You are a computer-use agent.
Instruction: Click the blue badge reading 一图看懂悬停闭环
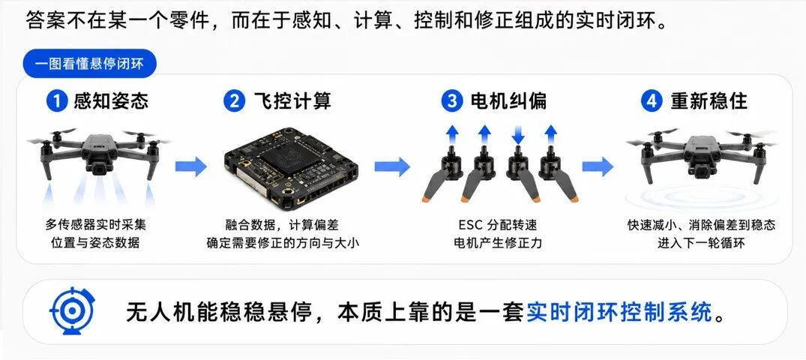pyautogui.click(x=89, y=64)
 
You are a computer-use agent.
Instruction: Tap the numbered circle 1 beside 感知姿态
pyautogui.click(x=56, y=101)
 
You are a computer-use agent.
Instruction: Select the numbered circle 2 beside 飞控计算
pyautogui.click(x=234, y=101)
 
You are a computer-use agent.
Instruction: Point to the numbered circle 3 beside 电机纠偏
pyautogui.click(x=452, y=101)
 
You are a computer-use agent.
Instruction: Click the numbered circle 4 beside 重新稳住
pyautogui.click(x=651, y=101)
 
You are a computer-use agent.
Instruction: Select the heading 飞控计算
pyautogui.click(x=292, y=101)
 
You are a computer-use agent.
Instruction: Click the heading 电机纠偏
pyautogui.click(x=509, y=101)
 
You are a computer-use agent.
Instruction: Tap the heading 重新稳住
pyautogui.click(x=709, y=101)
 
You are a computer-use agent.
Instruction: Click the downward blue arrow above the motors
pyautogui.click(x=517, y=135)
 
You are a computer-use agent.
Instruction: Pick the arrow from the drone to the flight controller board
pyautogui.click(x=190, y=166)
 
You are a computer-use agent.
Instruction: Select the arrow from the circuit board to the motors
pyautogui.click(x=392, y=166)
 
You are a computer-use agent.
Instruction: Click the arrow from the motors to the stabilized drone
pyautogui.click(x=598, y=166)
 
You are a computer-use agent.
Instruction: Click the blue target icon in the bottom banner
pyautogui.click(x=71, y=311)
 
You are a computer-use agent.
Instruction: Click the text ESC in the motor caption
pyautogui.click(x=469, y=225)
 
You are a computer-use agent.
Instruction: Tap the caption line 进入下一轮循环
pyautogui.click(x=701, y=243)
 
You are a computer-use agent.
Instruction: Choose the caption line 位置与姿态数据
pyautogui.click(x=96, y=243)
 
